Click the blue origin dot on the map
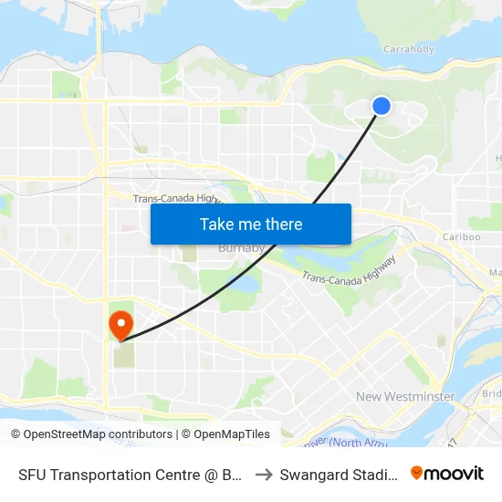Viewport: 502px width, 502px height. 382,107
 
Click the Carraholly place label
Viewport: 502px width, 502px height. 408,49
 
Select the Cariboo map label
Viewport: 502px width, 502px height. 461,236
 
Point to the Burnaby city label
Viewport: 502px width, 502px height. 240,247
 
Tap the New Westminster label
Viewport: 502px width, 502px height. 405,396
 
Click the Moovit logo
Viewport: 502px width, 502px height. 447,473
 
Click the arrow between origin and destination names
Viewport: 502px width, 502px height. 263,475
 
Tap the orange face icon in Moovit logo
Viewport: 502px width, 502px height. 417,473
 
